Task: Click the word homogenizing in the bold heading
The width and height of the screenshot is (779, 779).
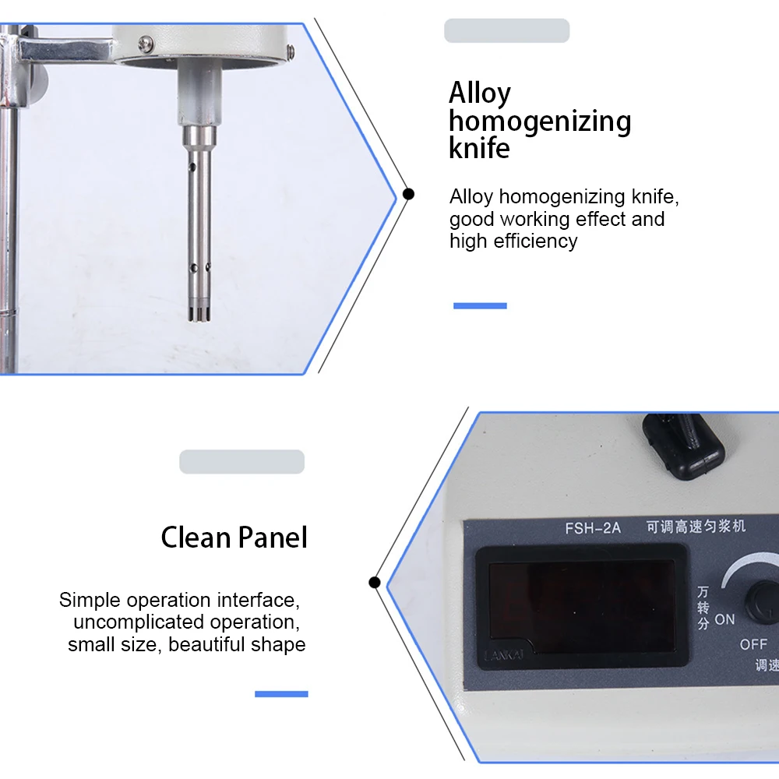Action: (x=540, y=122)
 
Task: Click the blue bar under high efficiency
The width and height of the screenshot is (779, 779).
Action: (x=480, y=306)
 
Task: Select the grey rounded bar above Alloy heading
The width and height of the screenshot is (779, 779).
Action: (x=506, y=31)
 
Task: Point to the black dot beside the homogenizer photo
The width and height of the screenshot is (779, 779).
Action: (x=408, y=194)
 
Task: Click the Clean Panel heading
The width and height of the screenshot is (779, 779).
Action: (x=234, y=538)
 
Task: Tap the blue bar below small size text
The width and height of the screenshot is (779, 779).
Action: (x=281, y=693)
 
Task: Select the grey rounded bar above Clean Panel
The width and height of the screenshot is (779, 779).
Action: (x=241, y=462)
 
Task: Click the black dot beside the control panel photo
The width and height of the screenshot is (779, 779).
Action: (x=375, y=582)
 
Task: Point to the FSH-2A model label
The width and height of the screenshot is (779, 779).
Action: (x=593, y=528)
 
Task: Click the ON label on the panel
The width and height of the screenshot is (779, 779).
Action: (x=724, y=620)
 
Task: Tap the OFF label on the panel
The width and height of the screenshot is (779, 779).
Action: (x=753, y=644)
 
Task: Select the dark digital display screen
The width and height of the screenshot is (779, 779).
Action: (x=581, y=607)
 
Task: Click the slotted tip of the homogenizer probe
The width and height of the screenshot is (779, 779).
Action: (x=198, y=312)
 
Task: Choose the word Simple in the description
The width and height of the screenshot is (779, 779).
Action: (x=90, y=600)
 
